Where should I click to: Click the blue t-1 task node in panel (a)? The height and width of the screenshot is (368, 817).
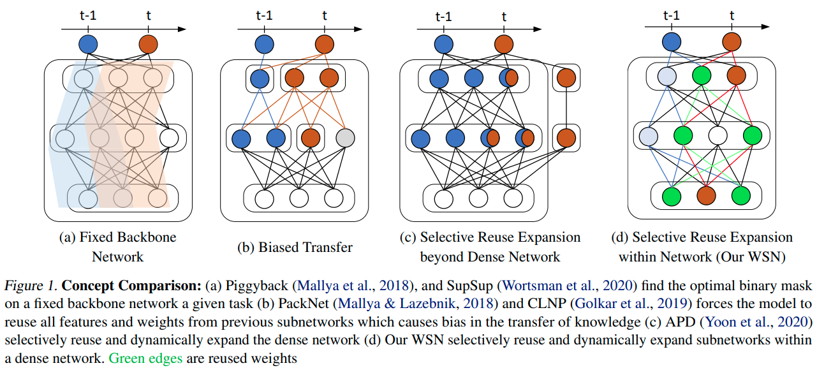pos(88,45)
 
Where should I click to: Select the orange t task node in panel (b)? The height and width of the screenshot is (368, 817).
pos(324,45)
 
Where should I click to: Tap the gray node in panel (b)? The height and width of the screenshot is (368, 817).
pos(344,138)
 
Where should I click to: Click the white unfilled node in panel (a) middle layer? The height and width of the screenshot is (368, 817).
pos(169,138)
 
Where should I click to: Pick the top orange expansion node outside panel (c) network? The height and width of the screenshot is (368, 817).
pos(565,78)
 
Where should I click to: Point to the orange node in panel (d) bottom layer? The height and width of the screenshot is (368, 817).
pos(705,195)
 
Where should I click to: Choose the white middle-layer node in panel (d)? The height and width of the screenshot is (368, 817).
pos(718,135)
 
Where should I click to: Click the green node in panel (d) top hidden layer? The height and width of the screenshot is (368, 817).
pos(701,77)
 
